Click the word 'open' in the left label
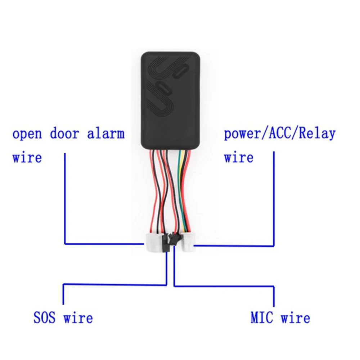click(27, 134)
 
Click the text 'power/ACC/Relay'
click(279, 134)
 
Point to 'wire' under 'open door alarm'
click(27, 157)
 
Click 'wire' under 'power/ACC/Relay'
click(238, 157)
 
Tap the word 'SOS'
click(45, 318)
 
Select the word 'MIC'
click(262, 318)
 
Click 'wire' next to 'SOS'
click(78, 318)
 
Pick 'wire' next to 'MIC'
click(295, 318)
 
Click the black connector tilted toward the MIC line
click(174, 239)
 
